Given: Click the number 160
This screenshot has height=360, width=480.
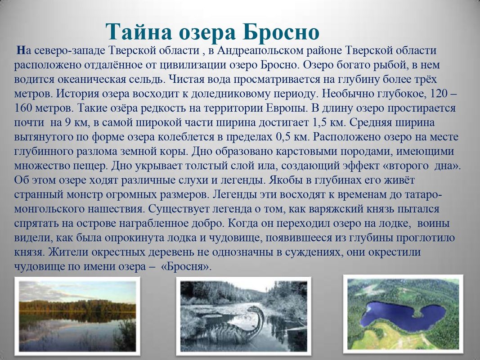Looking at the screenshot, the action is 23,108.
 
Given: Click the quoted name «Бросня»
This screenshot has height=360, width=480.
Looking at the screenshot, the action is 186,266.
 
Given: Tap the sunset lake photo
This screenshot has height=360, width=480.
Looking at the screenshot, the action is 77,316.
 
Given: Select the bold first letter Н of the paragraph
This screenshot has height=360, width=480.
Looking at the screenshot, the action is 21,50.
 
